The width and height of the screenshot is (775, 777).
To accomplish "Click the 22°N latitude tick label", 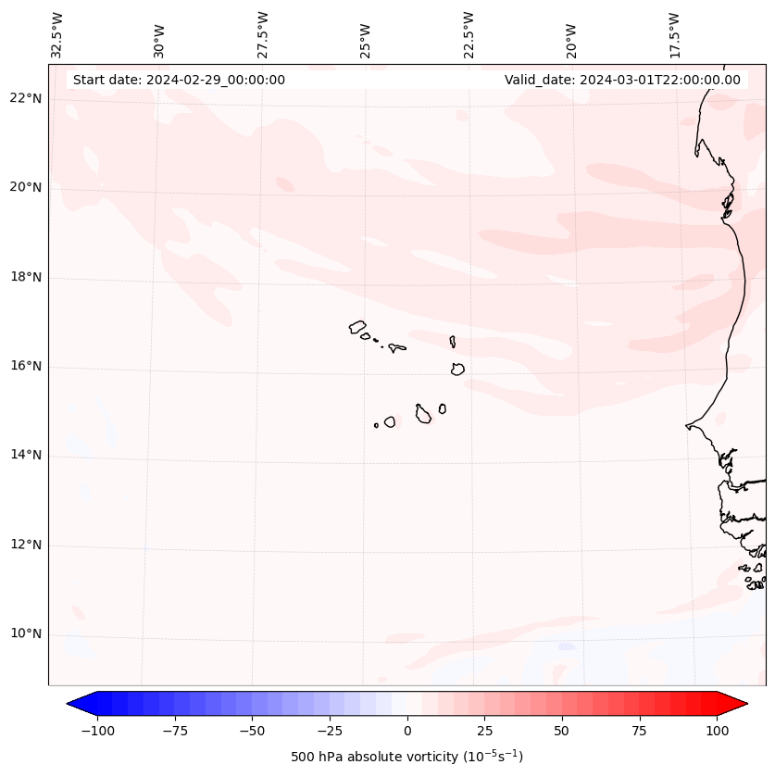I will point(25,99).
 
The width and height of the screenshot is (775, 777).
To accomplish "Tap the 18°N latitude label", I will point(25,278).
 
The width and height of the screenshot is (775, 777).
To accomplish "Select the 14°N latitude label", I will point(25,456).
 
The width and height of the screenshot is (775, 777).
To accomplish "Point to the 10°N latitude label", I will point(25,634).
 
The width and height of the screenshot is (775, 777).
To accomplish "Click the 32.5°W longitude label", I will point(57,34).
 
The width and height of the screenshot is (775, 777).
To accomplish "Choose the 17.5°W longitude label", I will point(674,34).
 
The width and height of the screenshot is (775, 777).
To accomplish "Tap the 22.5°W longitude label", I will point(469,34).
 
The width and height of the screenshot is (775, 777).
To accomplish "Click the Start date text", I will point(179,80).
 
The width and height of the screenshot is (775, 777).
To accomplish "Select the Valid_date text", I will point(622,80).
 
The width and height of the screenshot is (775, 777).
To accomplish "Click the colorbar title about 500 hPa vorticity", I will point(406,757).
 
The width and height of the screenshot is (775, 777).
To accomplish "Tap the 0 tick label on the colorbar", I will point(407,731).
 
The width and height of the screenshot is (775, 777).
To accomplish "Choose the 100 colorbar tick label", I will point(717,731).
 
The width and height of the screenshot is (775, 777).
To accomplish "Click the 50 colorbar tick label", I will point(562,731).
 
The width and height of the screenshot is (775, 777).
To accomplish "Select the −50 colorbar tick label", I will point(253,731).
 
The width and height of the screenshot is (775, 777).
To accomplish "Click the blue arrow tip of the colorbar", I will point(71,705).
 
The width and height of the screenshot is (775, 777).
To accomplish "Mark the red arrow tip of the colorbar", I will point(743,705).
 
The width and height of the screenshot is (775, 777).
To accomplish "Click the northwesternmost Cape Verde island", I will point(357,327).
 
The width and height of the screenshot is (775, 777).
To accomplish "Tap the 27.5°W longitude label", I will point(263,34).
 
